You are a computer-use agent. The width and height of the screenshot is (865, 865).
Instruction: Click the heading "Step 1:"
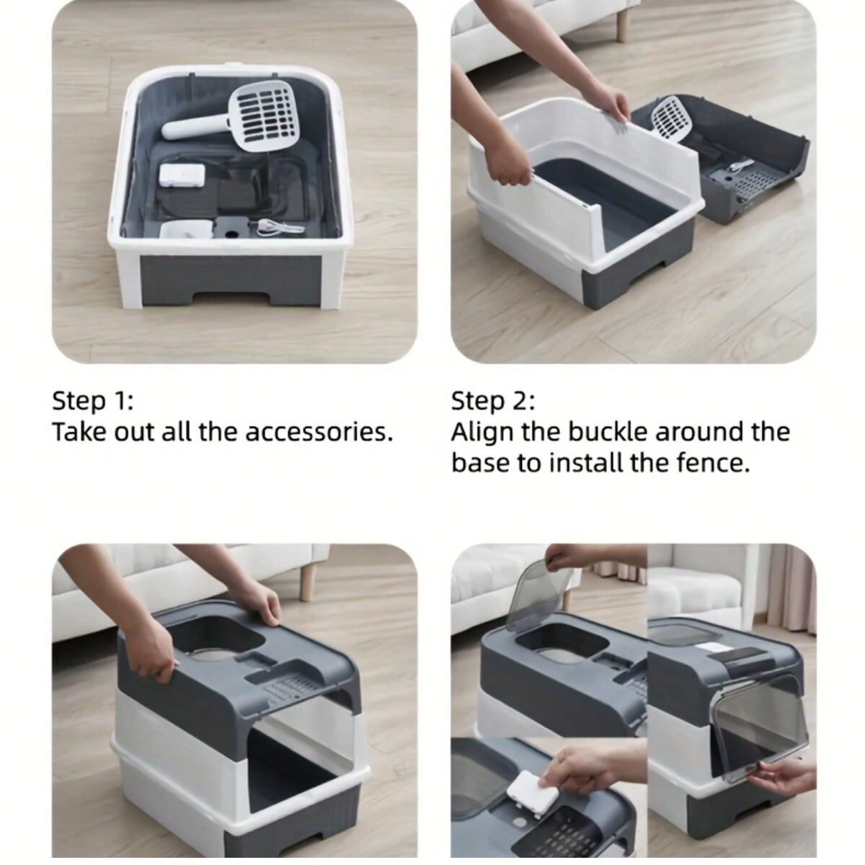[93, 402]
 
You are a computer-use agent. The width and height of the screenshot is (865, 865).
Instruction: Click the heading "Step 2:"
[493, 402]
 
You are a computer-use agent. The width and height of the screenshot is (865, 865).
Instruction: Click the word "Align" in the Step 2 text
[482, 432]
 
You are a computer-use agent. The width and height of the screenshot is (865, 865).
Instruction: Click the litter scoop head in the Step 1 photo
[259, 115]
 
